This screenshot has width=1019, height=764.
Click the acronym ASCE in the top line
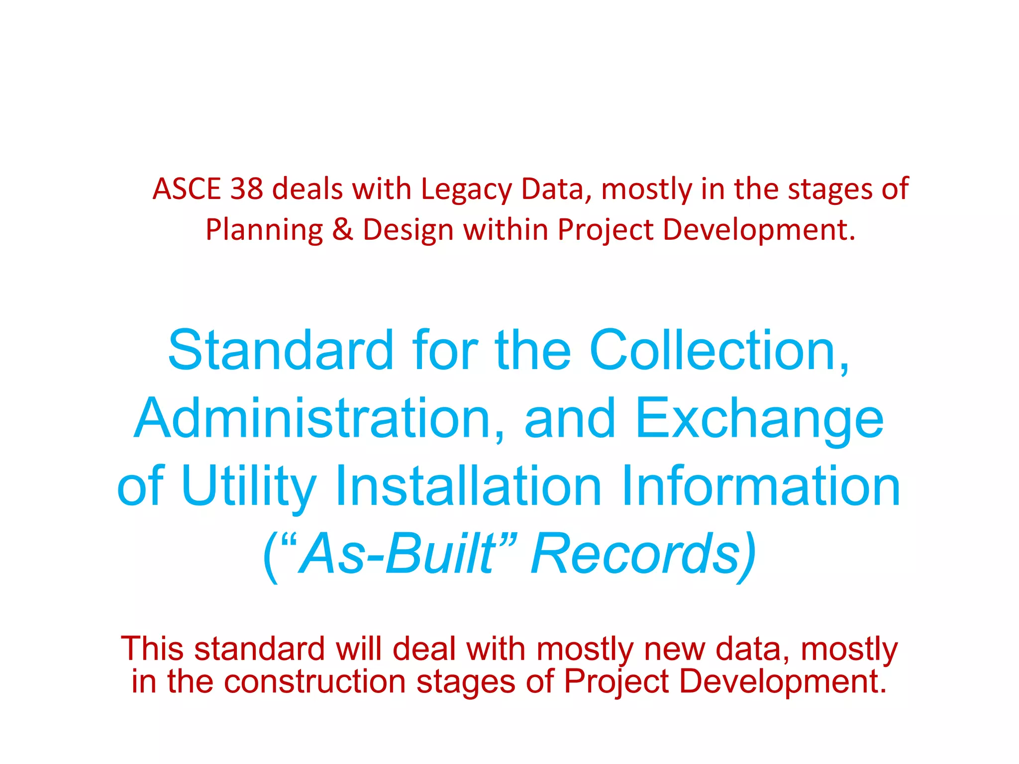187,190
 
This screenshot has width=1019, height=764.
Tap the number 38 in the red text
246,190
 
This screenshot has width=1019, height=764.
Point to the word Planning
264,231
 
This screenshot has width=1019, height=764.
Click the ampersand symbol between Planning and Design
342,230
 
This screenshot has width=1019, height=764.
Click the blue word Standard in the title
281,351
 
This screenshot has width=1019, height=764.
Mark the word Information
761,486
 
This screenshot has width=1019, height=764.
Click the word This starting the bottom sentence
153,649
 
